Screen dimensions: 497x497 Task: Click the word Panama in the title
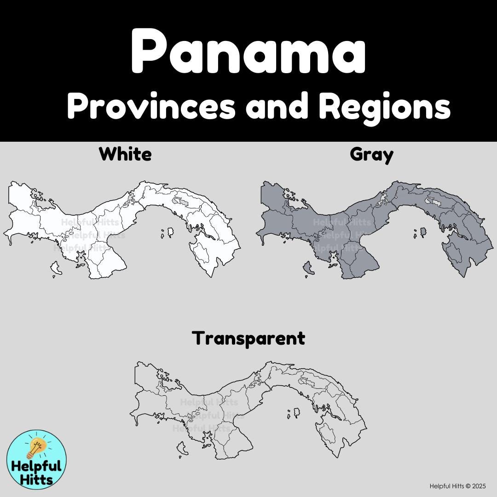(248, 52)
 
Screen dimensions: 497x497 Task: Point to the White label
(125, 154)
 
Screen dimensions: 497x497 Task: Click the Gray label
(371, 154)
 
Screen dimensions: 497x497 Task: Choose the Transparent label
(248, 338)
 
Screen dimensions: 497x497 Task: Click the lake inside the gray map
(433, 201)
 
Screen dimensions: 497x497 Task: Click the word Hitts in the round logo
(36, 479)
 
